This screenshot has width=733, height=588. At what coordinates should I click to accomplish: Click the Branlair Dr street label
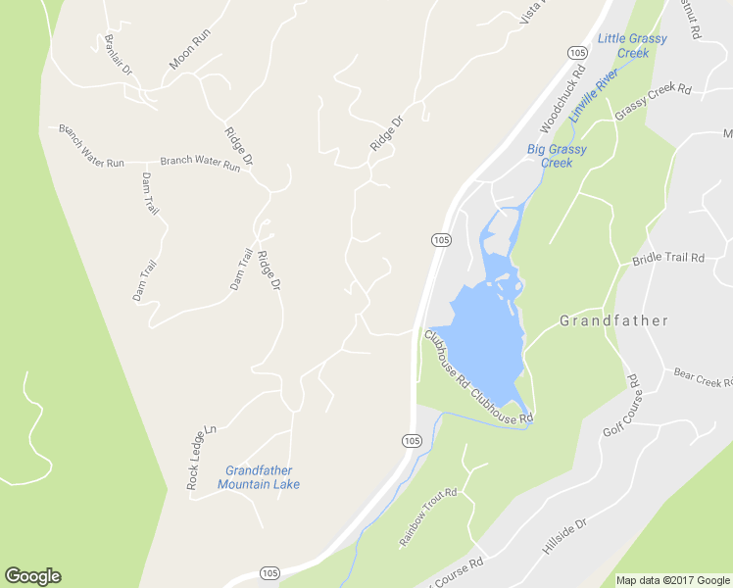click(119, 57)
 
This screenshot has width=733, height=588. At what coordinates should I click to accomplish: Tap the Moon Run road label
click(189, 49)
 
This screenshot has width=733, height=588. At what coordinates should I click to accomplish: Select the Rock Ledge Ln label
click(201, 458)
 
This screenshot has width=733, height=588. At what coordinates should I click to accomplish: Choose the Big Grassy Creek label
click(557, 156)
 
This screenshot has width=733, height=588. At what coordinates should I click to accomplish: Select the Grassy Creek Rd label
click(653, 103)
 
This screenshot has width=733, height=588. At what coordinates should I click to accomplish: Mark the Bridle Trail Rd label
click(668, 259)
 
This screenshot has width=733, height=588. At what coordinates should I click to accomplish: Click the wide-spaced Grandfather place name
click(613, 320)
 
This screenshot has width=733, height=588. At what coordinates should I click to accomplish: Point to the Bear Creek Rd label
click(703, 377)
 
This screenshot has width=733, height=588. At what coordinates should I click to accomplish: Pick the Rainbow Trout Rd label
click(428, 517)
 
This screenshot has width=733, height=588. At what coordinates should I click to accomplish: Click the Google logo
click(32, 576)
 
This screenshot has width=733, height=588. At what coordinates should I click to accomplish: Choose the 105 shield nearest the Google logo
click(269, 571)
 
